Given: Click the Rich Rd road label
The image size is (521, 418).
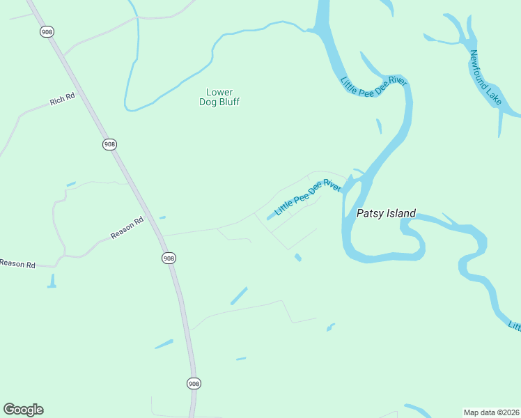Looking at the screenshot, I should click(x=62, y=101).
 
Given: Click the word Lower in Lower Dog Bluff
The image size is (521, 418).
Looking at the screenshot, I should click(x=219, y=92).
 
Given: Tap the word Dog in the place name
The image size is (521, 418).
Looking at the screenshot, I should click(x=208, y=102).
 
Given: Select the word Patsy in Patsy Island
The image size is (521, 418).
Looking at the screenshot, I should click(x=370, y=214).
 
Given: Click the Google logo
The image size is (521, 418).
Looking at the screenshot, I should click(x=23, y=410).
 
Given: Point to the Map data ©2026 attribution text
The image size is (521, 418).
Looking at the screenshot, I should click(x=491, y=412).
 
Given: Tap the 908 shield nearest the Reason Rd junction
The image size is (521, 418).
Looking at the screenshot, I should click(x=169, y=258).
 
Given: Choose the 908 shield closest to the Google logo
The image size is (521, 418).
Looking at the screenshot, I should click(x=194, y=383).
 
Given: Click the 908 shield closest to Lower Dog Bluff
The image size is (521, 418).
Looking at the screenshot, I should click(x=109, y=144).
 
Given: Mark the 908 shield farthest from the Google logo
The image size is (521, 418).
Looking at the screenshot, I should click(x=47, y=32).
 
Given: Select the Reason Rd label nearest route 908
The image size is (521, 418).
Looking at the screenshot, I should click(x=127, y=228).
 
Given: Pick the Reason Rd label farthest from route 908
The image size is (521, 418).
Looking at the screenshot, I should click(x=17, y=263).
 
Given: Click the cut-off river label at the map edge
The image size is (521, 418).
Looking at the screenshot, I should click(x=515, y=326).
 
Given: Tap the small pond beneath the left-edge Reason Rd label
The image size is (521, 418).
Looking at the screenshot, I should click(x=52, y=281).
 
